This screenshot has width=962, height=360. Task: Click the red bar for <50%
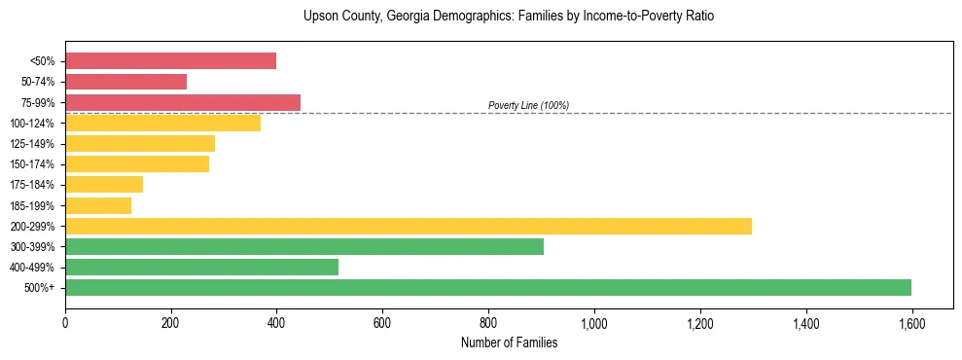pos(170,61)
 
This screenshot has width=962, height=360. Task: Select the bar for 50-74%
pos(125,82)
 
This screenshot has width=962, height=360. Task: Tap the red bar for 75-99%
pos(183,102)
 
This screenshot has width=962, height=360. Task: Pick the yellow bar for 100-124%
pos(162,123)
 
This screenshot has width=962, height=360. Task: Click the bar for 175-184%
pos(104,185)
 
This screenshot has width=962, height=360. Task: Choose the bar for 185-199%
pos(98,205)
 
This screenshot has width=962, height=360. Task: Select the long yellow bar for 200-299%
pos(409,226)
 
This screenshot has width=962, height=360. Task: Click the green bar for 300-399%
pos(304,246)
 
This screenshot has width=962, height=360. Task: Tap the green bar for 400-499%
pos(201,267)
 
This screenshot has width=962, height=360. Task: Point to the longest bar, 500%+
pos(488,287)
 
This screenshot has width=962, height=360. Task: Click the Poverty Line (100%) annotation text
pos(528,105)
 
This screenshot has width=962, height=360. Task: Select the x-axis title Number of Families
pos(509,342)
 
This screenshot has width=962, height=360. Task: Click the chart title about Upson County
pos(509,17)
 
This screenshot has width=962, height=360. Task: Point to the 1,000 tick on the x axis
pos(594,322)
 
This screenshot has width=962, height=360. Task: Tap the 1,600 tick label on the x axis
pos(911,322)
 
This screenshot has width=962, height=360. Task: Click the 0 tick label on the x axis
pos(65,322)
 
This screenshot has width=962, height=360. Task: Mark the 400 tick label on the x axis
pos(276,322)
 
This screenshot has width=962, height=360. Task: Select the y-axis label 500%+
pos(40,288)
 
